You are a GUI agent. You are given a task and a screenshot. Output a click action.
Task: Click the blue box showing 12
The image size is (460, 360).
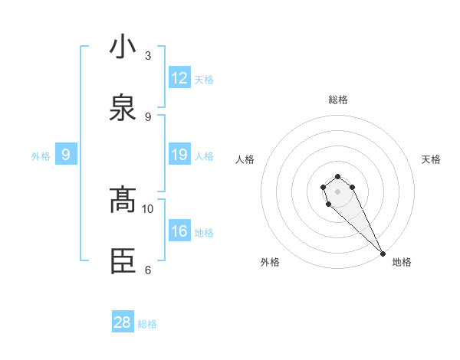pyautogui.click(x=179, y=78)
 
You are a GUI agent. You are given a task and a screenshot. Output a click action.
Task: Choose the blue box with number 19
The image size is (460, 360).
pyautogui.click(x=179, y=155)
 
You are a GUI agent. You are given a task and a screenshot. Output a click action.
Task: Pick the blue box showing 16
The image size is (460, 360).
pyautogui.click(x=179, y=231)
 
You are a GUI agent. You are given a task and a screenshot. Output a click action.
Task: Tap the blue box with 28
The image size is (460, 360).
pyautogui.click(x=123, y=322)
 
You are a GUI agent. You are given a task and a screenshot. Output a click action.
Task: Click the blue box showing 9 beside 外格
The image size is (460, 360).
pyautogui.click(x=66, y=155)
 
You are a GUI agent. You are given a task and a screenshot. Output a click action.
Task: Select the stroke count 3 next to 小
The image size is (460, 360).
pyautogui.click(x=148, y=56)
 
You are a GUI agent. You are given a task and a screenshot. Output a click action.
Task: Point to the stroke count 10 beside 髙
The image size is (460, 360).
pyautogui.click(x=148, y=208)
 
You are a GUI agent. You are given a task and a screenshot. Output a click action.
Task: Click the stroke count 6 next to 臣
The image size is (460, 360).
pyautogui.click(x=148, y=270)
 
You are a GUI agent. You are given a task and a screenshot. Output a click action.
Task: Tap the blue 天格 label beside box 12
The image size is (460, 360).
pyautogui.click(x=204, y=80)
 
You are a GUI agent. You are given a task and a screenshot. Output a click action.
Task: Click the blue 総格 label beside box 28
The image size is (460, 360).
pyautogui.click(x=147, y=324)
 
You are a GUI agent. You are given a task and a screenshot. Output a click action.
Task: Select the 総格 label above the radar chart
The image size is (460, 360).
pyautogui.click(x=337, y=100)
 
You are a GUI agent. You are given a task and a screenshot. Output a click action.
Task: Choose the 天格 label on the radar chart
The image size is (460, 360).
pyautogui.click(x=431, y=159)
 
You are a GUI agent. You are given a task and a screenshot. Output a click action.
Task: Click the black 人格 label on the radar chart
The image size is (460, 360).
pyautogui.click(x=245, y=159)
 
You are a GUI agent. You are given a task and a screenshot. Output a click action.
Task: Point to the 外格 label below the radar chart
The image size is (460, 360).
pyautogui.click(x=270, y=262)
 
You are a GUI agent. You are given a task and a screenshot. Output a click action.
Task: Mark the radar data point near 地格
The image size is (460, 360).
pyautogui.click(x=383, y=254)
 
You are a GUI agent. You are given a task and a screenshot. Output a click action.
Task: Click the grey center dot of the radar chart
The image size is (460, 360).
pyautogui.click(x=337, y=191)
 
